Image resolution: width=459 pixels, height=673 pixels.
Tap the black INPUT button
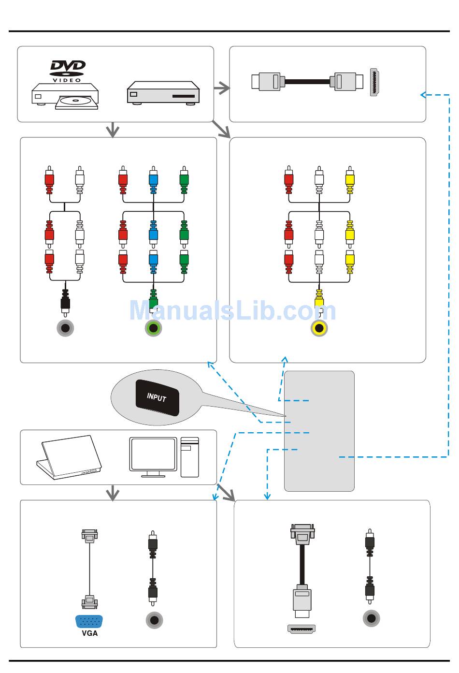click(x=158, y=397)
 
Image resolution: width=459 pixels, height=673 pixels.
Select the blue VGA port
click(x=89, y=621)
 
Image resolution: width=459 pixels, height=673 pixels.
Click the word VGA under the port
click(x=89, y=633)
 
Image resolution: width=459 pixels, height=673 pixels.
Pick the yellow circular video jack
click(x=319, y=328)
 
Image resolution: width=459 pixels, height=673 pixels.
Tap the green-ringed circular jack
click(x=153, y=328)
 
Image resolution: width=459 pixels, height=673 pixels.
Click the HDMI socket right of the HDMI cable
click(x=374, y=82)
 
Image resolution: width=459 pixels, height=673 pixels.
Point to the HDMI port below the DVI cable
click(x=301, y=629)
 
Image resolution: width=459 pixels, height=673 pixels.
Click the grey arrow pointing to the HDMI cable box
click(x=222, y=88)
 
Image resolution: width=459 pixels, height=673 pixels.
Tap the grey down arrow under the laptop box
click(x=113, y=493)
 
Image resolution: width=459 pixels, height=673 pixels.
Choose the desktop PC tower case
click(x=190, y=457)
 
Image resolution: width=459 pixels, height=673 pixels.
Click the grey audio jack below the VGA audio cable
click(x=154, y=620)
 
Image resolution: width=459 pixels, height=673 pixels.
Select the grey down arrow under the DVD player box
click(x=113, y=130)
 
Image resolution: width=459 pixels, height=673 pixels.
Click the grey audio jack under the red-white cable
click(x=65, y=328)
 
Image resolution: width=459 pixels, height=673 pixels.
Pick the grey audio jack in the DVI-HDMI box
click(x=371, y=618)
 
